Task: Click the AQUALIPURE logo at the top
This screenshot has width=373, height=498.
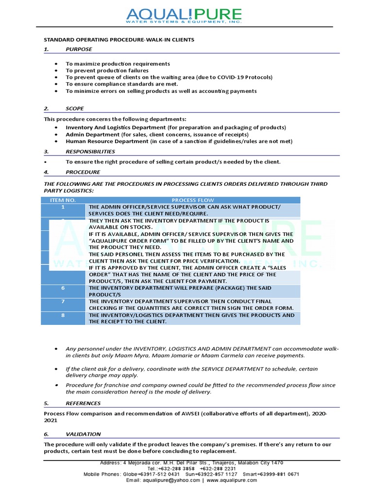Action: click(x=187, y=17)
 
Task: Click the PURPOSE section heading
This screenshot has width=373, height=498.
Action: click(x=79, y=49)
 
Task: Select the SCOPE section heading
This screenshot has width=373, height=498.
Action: click(x=75, y=108)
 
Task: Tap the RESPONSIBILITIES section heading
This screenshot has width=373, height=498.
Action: click(x=90, y=151)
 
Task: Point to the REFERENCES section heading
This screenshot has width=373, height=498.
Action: click(x=83, y=403)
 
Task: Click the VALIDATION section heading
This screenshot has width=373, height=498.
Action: click(x=83, y=434)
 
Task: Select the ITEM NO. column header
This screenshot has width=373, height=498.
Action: click(x=63, y=200)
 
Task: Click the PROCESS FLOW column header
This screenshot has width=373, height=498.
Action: click(x=193, y=200)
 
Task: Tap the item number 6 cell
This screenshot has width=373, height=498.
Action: click(x=63, y=288)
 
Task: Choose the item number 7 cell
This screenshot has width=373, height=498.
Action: click(x=63, y=302)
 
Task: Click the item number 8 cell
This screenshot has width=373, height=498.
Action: click(x=63, y=315)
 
